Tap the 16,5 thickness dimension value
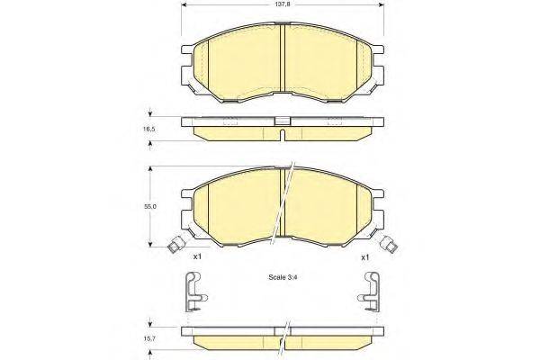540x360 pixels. (151, 130)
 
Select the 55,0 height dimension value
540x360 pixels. (152, 207)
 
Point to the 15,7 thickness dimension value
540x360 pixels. (151, 339)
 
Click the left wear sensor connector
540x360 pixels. (176, 242)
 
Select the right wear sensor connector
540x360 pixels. (390, 242)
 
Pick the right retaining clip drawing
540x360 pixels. (368, 291)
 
